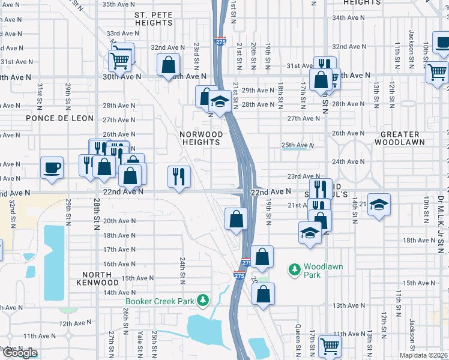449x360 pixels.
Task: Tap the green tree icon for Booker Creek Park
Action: click(x=204, y=300)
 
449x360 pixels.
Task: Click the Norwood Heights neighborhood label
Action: click(x=201, y=139)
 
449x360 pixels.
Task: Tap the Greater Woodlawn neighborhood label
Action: click(x=399, y=139)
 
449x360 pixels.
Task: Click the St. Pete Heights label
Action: click(x=154, y=19)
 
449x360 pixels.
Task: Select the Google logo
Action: click(x=19, y=353)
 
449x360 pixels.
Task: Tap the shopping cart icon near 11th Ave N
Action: click(x=329, y=345)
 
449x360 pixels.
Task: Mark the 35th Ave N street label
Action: click(x=118, y=4)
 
